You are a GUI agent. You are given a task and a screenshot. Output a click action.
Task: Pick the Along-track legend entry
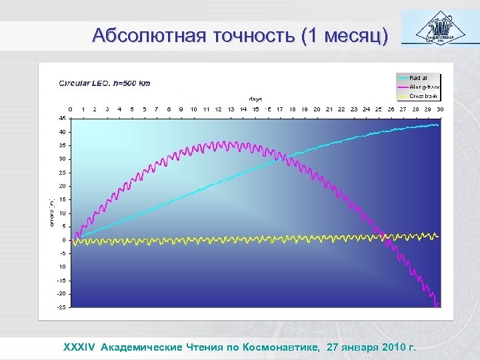click(x=423, y=87)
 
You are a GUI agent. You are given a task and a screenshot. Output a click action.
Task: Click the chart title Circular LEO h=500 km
click(x=105, y=83)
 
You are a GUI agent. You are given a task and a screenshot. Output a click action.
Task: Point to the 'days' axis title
click(x=255, y=99)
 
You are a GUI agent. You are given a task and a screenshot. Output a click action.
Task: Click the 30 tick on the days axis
click(x=440, y=109)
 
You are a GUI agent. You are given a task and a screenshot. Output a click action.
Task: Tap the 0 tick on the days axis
click(x=71, y=109)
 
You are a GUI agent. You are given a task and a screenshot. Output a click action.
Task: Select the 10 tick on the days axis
click(x=194, y=109)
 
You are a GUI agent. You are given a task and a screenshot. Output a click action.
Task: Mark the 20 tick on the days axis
click(x=317, y=109)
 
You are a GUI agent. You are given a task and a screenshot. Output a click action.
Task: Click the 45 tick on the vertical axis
click(x=61, y=118)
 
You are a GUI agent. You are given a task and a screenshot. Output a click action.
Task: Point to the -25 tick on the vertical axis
click(x=61, y=307)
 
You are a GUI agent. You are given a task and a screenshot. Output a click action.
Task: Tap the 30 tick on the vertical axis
click(x=61, y=159)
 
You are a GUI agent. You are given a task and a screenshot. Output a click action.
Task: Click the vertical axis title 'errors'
click(x=53, y=213)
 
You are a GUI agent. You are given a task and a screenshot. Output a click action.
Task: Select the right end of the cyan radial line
click(x=437, y=125)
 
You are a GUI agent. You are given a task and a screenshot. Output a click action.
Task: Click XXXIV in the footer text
click(x=79, y=347)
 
